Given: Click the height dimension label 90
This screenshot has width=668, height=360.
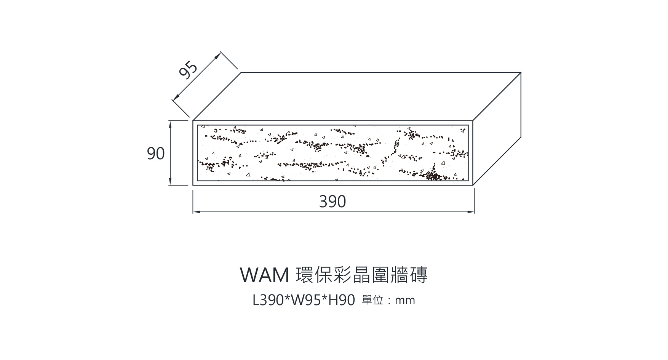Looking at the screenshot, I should [x=156, y=154].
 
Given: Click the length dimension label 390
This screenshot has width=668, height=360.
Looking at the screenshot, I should [x=332, y=202].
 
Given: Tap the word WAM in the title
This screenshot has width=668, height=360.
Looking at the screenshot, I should [x=265, y=275].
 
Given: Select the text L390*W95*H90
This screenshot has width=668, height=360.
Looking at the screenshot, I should [x=304, y=301].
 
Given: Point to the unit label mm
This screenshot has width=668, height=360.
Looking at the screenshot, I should [x=405, y=301].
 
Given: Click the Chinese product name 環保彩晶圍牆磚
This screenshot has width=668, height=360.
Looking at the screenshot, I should [x=361, y=275].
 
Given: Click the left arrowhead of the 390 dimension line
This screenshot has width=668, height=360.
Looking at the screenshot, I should [x=195, y=211].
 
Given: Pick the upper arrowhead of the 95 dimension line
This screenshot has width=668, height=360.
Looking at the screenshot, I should [x=218, y=56].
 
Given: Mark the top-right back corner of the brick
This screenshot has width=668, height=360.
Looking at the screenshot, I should [x=521, y=72].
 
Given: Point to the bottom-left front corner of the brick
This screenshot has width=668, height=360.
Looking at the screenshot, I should [x=193, y=185].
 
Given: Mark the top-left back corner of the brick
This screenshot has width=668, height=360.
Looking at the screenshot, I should [x=241, y=72].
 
